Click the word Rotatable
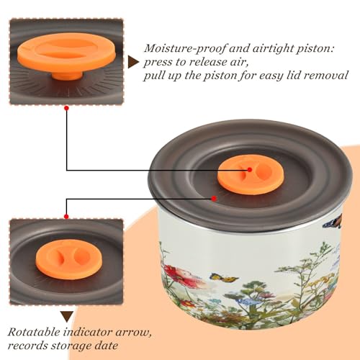34,333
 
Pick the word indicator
88,333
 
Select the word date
107,346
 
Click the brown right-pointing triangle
133,63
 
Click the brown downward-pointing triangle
67,317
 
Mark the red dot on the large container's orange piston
250,170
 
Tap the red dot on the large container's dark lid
214,199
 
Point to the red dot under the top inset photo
66,109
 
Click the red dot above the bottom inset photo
66,217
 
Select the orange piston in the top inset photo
67,55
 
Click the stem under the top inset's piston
67,74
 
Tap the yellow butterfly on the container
224,278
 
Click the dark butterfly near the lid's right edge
333,222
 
